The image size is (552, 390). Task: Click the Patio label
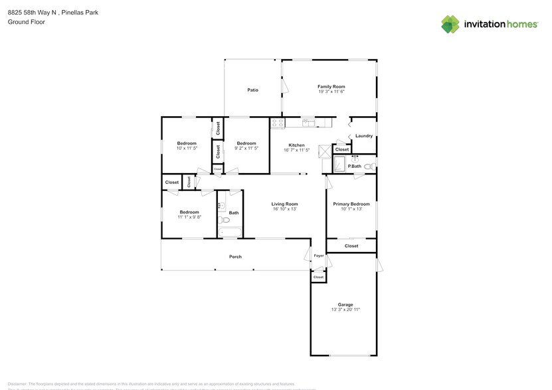tap(252, 90)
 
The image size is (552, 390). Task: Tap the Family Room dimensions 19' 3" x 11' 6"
tap(331, 92)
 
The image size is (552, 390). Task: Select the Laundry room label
tap(363, 136)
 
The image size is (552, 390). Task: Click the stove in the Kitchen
tap(277, 123)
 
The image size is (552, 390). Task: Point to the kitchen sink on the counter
tap(308, 123)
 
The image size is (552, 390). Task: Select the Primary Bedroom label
tap(351, 204)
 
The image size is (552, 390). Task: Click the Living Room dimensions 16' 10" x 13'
tap(284, 209)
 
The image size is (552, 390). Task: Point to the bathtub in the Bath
tap(230, 232)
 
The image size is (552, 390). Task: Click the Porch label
tap(235, 257)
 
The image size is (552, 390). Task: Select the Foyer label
tap(319, 255)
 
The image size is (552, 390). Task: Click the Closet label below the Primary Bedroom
tap(351, 246)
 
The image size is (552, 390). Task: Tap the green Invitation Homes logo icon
tap(450, 25)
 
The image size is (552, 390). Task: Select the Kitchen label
tap(296, 145)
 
